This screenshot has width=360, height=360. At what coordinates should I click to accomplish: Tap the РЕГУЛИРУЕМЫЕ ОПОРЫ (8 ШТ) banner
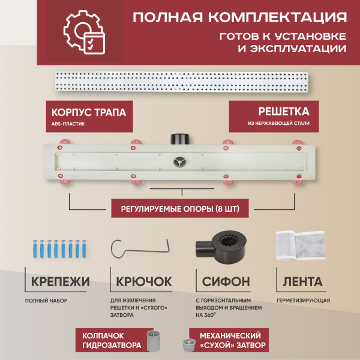pyautogui.click(x=180, y=208)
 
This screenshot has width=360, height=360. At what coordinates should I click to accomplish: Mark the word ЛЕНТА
pyautogui.click(x=301, y=281)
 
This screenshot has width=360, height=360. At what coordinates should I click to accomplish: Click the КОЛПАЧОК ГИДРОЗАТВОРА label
pyautogui.click(x=112, y=340)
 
